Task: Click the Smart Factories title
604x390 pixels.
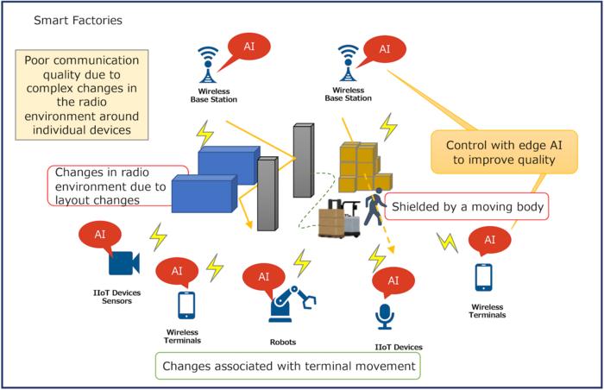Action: [x=77, y=20]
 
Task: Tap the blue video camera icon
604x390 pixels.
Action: [x=124, y=262]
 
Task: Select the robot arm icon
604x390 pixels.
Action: [x=291, y=303]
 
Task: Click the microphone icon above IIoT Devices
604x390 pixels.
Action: [x=385, y=316]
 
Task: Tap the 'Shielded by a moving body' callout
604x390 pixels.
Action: [x=468, y=207]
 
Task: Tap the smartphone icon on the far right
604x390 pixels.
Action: [x=484, y=277]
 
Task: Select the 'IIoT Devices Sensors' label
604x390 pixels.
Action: [x=116, y=298]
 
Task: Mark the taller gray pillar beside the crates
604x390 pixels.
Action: [x=302, y=160]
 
